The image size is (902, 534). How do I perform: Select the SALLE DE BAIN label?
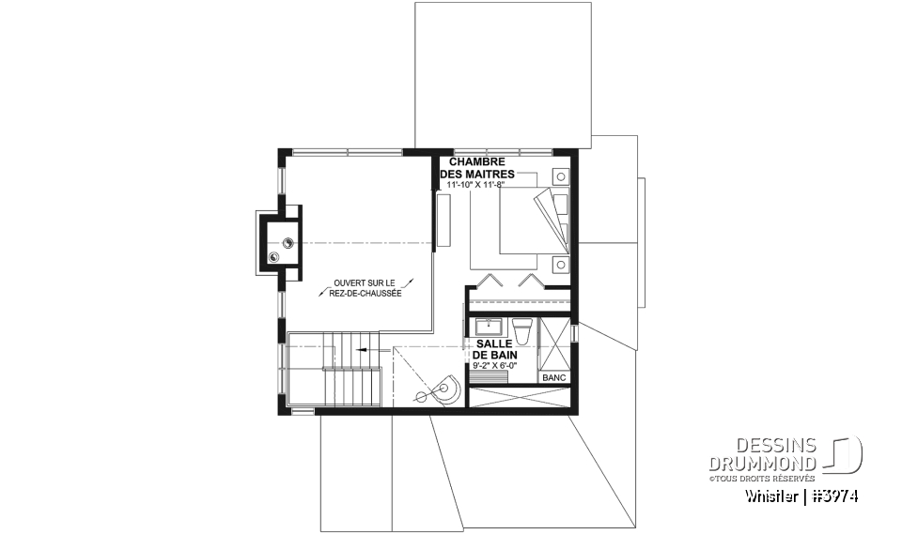pos(494,350)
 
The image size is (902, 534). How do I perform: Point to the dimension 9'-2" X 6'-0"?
pos(494,366)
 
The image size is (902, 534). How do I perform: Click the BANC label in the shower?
pos(552,377)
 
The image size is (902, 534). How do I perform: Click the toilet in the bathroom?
pos(523,329)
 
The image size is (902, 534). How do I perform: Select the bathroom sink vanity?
pos(490,328)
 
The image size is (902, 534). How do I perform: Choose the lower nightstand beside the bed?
pos(561,264)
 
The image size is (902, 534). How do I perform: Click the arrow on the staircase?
pos(362,347)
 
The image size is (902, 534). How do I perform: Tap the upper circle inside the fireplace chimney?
pos(288,242)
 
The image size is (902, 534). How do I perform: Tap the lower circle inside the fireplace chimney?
pos(275,256)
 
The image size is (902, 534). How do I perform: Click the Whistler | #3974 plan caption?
pos(802,496)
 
